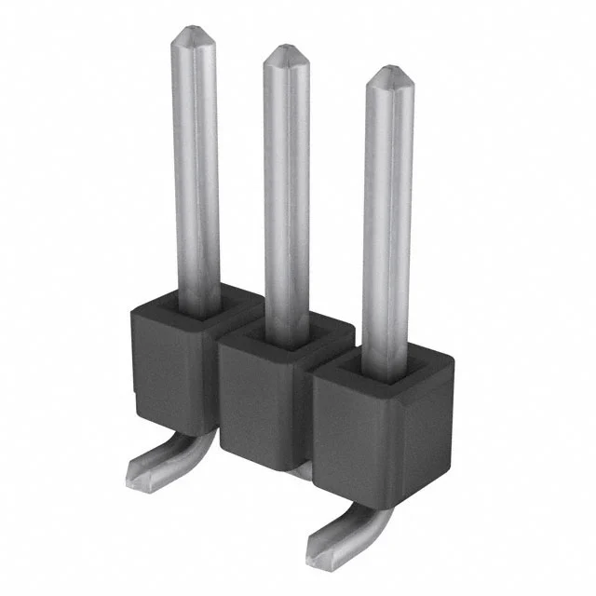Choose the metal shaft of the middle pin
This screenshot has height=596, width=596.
(x=287, y=186)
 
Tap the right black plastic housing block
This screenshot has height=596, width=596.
(x=372, y=438)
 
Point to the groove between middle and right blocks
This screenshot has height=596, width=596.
(x=313, y=410)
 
